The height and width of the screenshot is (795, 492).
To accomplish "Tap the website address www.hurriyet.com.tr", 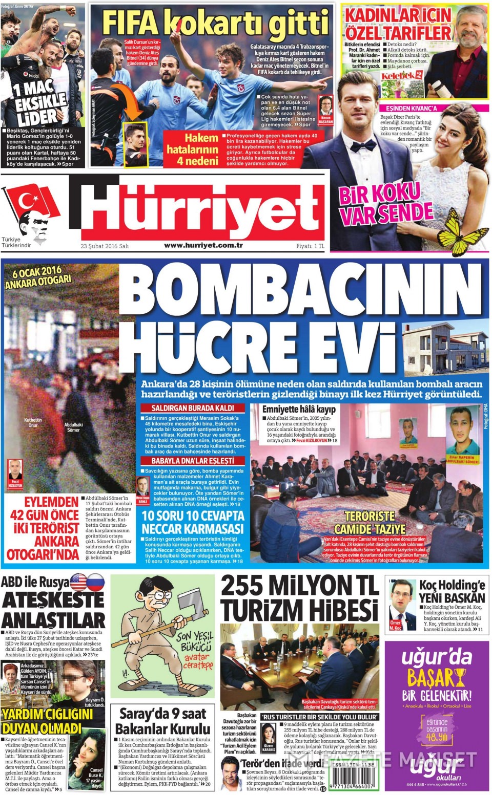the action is [203, 245].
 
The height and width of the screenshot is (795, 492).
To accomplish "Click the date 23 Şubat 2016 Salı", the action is [105, 246].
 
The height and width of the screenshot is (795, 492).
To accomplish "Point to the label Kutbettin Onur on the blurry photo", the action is [33, 422].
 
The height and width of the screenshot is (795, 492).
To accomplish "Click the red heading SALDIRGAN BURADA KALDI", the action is [193, 408].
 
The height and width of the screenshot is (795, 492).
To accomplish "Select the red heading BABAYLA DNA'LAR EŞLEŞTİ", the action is [193, 461].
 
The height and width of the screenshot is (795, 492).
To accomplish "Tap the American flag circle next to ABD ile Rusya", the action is [79, 582].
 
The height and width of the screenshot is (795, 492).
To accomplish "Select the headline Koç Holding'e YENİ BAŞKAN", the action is [452, 591].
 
